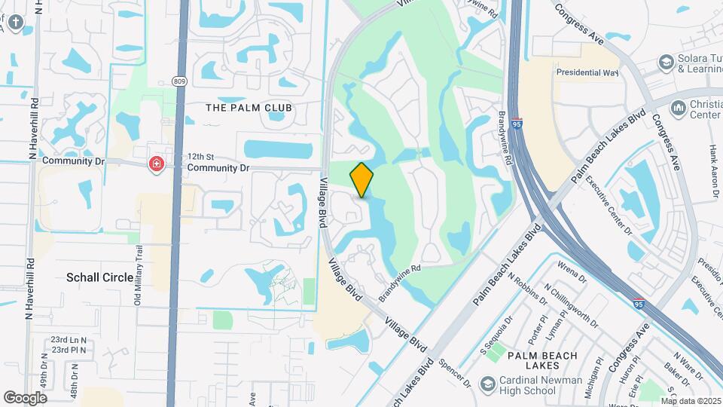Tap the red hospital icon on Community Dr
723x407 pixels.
pyautogui.click(x=157, y=164)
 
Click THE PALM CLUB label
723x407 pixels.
pyautogui.click(x=249, y=108)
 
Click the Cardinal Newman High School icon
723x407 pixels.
pyautogui.click(x=487, y=384)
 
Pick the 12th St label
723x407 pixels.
pyautogui.click(x=201, y=154)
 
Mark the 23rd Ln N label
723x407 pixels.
pyautogui.click(x=69, y=340)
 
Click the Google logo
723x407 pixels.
pyautogui.click(x=25, y=397)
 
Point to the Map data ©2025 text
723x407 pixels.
pyautogui.click(x=691, y=401)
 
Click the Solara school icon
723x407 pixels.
pyautogui.click(x=665, y=62)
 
